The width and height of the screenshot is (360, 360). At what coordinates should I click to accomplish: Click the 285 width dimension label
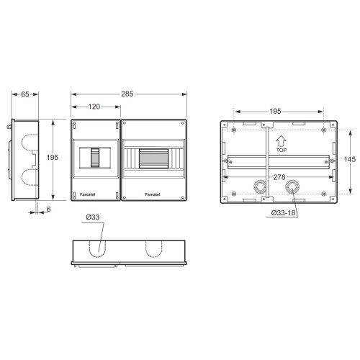click(127, 94)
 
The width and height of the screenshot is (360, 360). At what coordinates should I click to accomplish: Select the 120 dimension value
click(94, 107)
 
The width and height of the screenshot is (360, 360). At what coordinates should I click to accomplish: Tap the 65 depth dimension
click(25, 94)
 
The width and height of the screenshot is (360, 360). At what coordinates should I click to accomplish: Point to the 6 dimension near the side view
click(48, 210)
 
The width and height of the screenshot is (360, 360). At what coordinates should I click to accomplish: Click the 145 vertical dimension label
click(350, 159)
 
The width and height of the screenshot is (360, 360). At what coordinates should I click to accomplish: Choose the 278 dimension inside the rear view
click(279, 177)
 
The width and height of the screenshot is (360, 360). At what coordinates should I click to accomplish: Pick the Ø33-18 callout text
click(283, 212)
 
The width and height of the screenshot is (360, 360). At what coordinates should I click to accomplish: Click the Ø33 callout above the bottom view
click(93, 217)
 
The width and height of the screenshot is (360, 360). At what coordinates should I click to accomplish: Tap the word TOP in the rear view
click(282, 150)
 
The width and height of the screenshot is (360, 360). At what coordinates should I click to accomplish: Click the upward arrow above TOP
click(281, 141)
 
